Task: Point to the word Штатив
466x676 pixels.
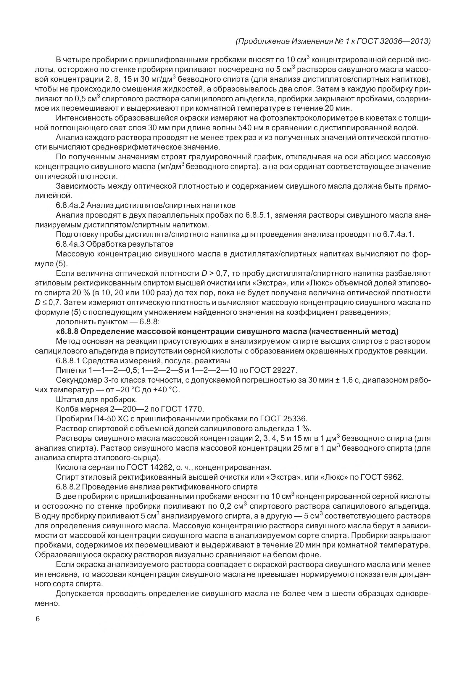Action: tap(67, 399)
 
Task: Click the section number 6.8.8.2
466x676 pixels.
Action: tap(68, 487)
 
